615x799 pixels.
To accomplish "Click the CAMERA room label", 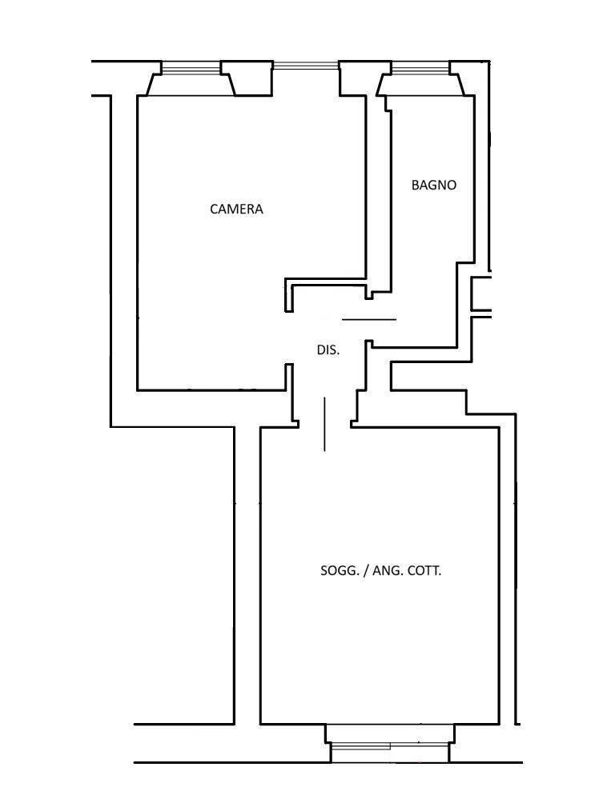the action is pyautogui.click(x=236, y=209).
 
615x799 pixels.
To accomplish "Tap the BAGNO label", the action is pyautogui.click(x=434, y=185).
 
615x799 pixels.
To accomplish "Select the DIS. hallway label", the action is pyautogui.click(x=328, y=350).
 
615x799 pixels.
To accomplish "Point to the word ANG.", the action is pyautogui.click(x=386, y=571).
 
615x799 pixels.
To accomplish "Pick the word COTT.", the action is pyautogui.click(x=424, y=571).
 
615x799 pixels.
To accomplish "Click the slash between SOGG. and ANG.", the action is pyautogui.click(x=365, y=571).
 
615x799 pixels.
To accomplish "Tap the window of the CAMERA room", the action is pyautogui.click(x=191, y=68).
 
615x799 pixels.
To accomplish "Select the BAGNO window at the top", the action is pyautogui.click(x=420, y=68).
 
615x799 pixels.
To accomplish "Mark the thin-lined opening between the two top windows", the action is pyautogui.click(x=305, y=65).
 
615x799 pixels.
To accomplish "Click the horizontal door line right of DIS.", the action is pyautogui.click(x=369, y=319).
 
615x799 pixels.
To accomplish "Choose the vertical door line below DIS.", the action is pyautogui.click(x=324, y=425).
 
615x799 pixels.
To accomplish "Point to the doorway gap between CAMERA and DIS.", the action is pyautogui.click(x=289, y=338).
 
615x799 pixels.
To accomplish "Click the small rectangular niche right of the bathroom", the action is pyautogui.click(x=481, y=294).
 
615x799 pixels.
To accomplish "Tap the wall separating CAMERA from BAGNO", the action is pyautogui.click(x=378, y=194).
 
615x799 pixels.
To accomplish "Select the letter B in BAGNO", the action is pyautogui.click(x=416, y=185).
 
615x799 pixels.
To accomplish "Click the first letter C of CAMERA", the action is pyautogui.click(x=214, y=209).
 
